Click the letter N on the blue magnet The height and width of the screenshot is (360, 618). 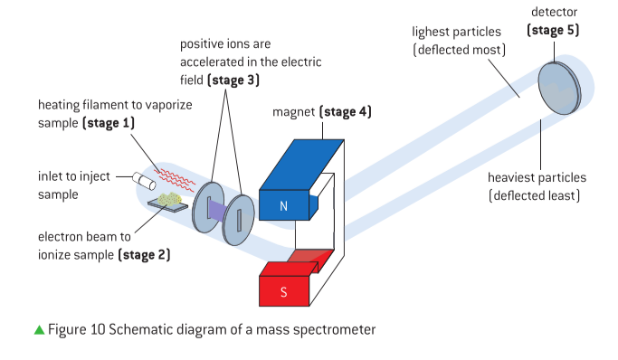[283, 207]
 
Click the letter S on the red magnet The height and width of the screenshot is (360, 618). [283, 292]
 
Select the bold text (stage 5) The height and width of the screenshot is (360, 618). [553, 31]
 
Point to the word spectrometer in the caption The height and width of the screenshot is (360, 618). [328, 330]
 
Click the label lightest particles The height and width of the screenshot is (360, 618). [457, 32]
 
